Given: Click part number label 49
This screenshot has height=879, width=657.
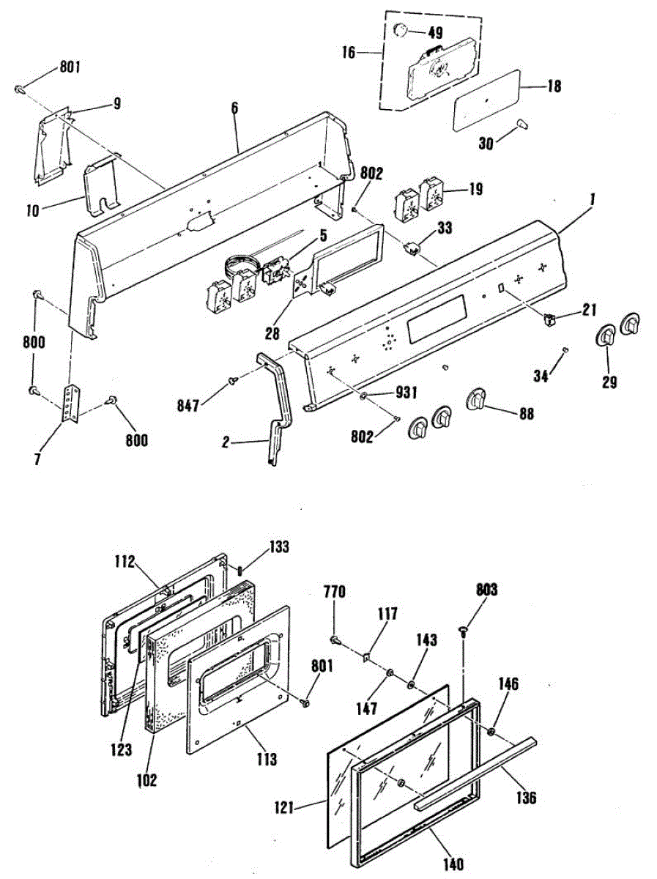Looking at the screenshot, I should pyautogui.click(x=435, y=33).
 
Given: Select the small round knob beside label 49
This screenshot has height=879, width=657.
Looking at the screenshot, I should pyautogui.click(x=401, y=31).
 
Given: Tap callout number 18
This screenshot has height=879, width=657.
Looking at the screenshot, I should pyautogui.click(x=554, y=86).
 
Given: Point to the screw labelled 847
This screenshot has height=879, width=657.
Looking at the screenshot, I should pyautogui.click(x=233, y=379).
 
